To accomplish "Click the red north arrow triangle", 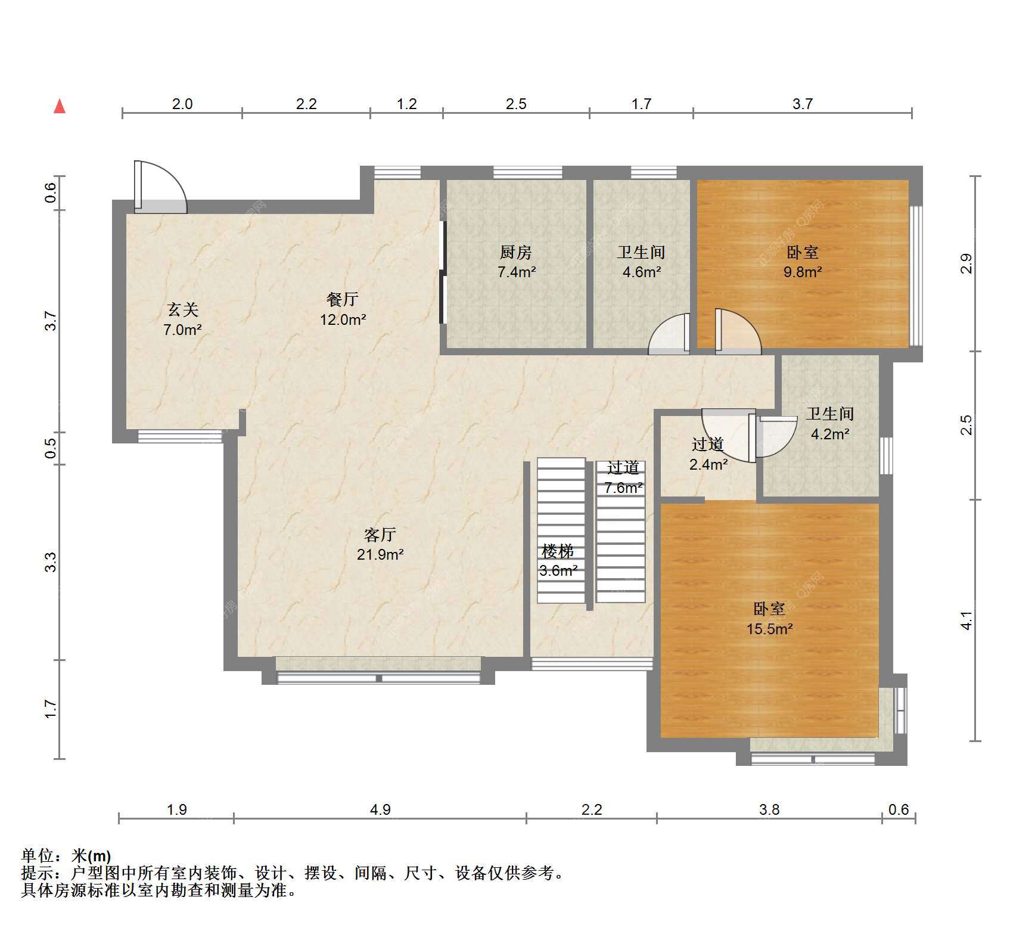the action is click(x=60, y=107).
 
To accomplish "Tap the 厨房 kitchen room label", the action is click(x=516, y=252).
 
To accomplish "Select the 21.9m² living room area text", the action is click(x=380, y=554).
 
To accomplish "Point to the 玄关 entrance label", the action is click(x=182, y=309).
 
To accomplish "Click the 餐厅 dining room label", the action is click(x=343, y=299).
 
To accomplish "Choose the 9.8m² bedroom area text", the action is click(x=803, y=272).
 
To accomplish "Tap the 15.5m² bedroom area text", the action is click(x=769, y=628).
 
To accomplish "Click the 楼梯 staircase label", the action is click(x=558, y=551).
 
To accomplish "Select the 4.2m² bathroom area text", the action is click(x=830, y=434).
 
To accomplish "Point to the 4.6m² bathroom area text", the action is click(x=641, y=272).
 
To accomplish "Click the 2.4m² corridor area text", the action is click(x=708, y=464).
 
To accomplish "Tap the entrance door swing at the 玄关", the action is click(x=160, y=187).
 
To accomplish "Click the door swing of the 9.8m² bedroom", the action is click(x=738, y=331).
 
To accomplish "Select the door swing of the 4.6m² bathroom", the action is click(x=669, y=334).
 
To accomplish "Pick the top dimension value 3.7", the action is click(x=802, y=104).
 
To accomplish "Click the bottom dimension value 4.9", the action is click(x=380, y=809).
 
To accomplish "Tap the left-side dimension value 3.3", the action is click(x=51, y=562).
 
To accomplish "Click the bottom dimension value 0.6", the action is click(x=899, y=809).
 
